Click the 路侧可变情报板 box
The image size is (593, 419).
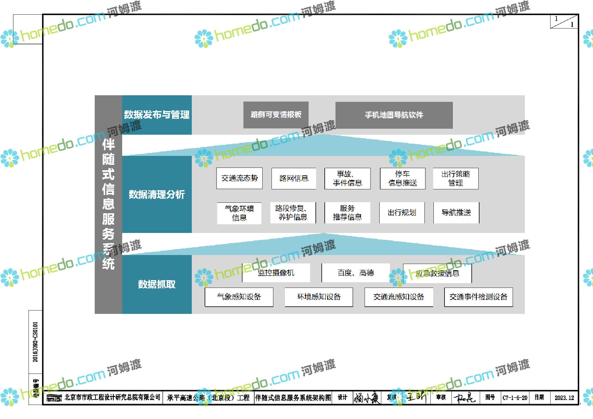pos(276,115)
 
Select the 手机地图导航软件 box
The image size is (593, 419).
pos(394,115)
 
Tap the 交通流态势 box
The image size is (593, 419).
pos(239,178)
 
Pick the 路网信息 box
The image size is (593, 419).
pos(294,178)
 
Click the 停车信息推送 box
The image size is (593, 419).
pos(402,178)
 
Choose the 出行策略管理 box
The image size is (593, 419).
pos(456,178)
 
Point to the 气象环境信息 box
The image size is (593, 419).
pos(239,213)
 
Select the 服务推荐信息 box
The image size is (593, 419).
pos(347,213)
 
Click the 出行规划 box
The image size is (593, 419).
pos(402,213)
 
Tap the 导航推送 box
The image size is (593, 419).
pos(456,213)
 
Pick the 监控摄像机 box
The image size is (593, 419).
pos(276,273)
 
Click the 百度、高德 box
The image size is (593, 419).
pos(356,273)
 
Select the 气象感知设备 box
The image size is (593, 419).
pos(239,297)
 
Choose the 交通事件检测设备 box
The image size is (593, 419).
pos(478,297)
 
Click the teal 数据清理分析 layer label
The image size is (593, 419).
pos(157,194)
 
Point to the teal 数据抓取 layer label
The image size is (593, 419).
pos(157,284)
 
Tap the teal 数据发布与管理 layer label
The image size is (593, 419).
pos(157,115)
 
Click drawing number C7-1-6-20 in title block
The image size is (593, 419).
pos(515,398)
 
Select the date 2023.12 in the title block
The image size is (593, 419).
pos(564,398)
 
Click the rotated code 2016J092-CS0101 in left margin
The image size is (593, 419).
pos(36,342)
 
